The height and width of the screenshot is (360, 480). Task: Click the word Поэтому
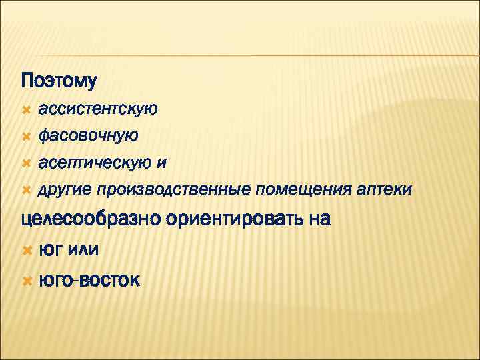(59, 81)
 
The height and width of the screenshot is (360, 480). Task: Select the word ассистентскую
(98, 109)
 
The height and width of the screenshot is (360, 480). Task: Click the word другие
(65, 191)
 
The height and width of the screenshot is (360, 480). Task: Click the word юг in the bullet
(52, 250)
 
